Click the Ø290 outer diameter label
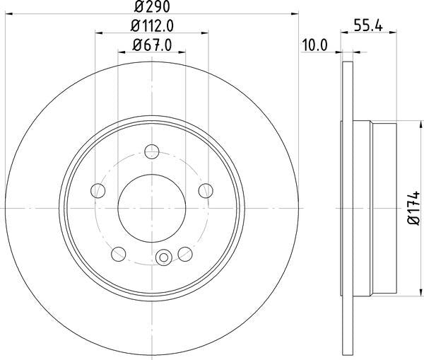[x=151, y=8]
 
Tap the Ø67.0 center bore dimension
[x=152, y=47]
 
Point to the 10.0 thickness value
[x=314, y=47]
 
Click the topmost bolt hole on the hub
[x=151, y=150]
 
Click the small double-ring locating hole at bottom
[x=164, y=257]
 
